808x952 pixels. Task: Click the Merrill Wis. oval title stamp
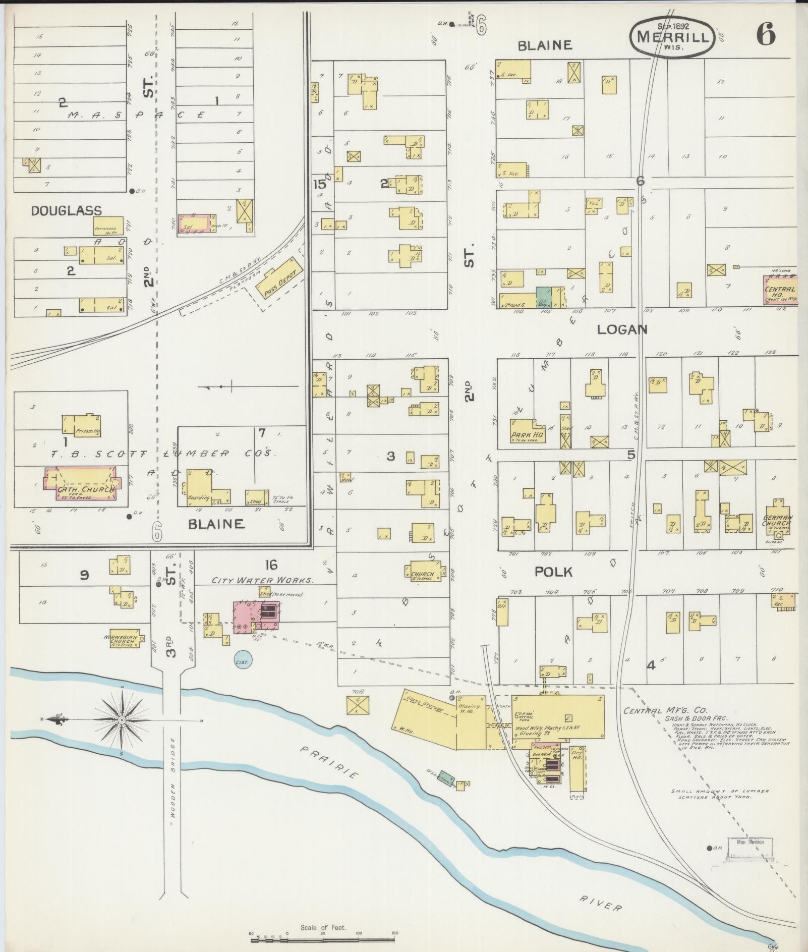[671, 38]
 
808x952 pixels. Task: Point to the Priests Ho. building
[81, 425]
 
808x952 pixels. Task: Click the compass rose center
[123, 719]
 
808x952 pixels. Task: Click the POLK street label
[553, 572]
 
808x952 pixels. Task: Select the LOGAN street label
[622, 329]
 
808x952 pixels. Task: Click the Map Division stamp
[750, 841]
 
